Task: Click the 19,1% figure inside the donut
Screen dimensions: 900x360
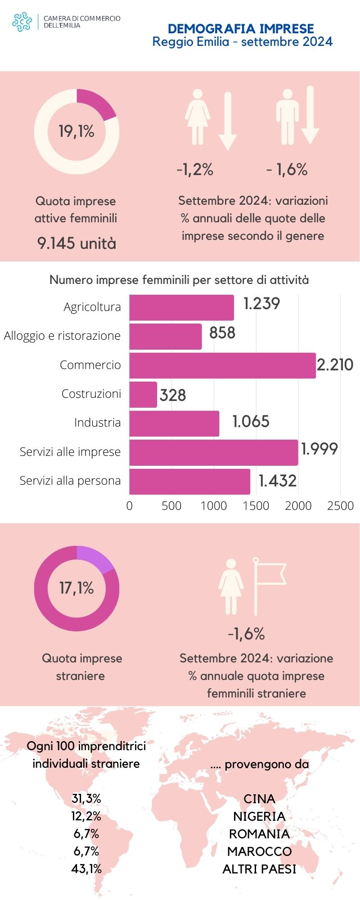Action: (x=76, y=131)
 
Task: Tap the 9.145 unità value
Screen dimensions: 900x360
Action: (x=76, y=243)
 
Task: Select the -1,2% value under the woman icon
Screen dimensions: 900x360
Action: (x=195, y=170)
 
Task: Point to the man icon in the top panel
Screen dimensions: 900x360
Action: (x=287, y=117)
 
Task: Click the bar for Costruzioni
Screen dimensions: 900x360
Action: (x=143, y=395)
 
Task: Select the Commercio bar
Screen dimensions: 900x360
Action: (x=222, y=365)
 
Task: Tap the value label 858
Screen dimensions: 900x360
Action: (x=222, y=333)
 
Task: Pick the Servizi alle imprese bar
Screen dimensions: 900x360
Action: (x=213, y=452)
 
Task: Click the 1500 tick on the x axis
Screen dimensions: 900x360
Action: (x=256, y=506)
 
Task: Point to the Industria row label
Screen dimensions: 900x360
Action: (x=97, y=423)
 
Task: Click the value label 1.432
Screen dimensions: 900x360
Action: (x=278, y=481)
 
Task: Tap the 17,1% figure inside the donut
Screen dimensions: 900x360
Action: (x=76, y=588)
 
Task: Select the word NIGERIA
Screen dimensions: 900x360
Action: (x=259, y=816)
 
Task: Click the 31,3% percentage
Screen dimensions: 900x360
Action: (x=86, y=799)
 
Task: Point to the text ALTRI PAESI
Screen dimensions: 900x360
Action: (x=259, y=869)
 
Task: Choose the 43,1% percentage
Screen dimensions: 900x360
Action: (x=86, y=869)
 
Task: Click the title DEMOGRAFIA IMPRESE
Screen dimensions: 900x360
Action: (x=241, y=29)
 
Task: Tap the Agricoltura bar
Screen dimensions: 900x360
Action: (x=181, y=308)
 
